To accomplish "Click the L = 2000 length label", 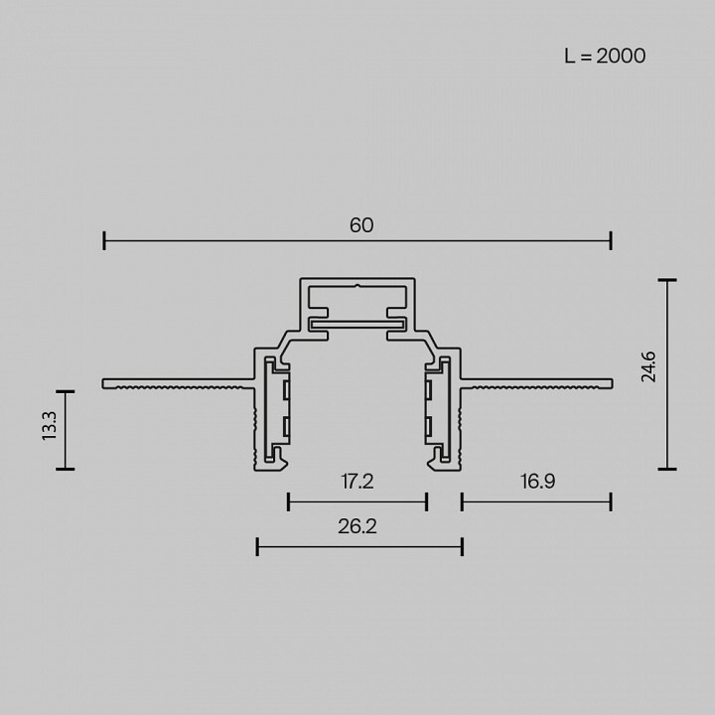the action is pos(605,56).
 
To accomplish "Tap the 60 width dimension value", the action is pos(361,225).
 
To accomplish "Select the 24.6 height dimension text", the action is pos(647,366).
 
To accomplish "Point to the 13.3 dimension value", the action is pos(50,426).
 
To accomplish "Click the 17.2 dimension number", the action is pos(357,482).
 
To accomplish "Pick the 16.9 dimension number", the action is pos(538,482).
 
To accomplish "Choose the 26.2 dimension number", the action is pos(357,526).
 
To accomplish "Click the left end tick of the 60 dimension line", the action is pos(104,240).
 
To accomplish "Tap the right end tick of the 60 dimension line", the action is pos(611,240).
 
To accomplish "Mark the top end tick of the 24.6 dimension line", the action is pos(667,280).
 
